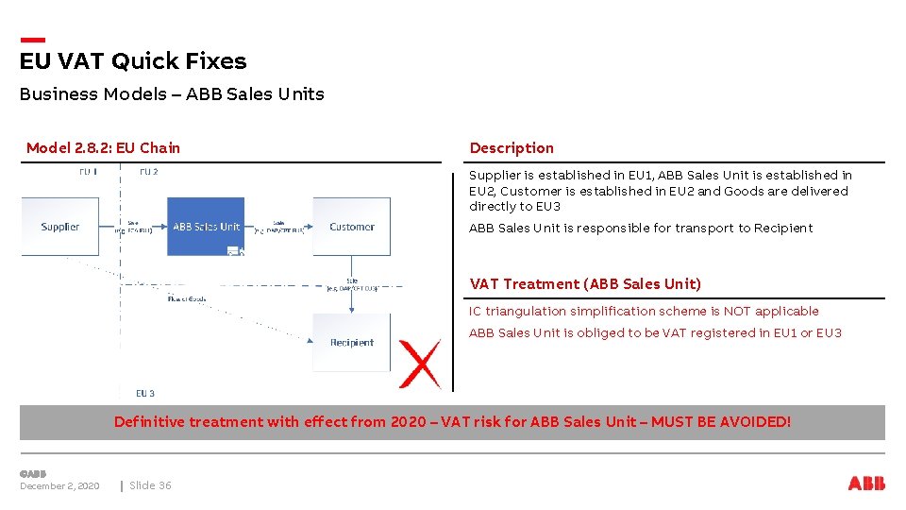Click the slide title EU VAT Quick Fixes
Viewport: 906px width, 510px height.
133,61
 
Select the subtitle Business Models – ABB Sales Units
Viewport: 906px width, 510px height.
172,94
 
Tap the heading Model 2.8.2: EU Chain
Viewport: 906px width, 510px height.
103,148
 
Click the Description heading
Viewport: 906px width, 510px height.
512,148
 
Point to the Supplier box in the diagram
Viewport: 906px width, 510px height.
59,227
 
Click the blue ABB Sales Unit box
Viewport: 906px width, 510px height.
206,227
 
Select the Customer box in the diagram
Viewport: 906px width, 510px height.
351,227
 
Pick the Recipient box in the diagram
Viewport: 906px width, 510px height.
351,342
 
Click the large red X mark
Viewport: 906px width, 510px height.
419,364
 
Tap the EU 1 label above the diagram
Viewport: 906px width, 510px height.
88,172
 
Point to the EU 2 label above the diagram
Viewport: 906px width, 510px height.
148,172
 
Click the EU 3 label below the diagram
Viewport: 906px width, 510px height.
145,393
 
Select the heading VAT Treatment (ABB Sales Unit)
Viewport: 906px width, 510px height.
585,284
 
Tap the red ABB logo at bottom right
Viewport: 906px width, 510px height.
866,484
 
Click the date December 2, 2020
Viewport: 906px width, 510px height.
59,486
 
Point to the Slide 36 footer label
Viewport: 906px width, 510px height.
150,486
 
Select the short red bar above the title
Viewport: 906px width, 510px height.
32,40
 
